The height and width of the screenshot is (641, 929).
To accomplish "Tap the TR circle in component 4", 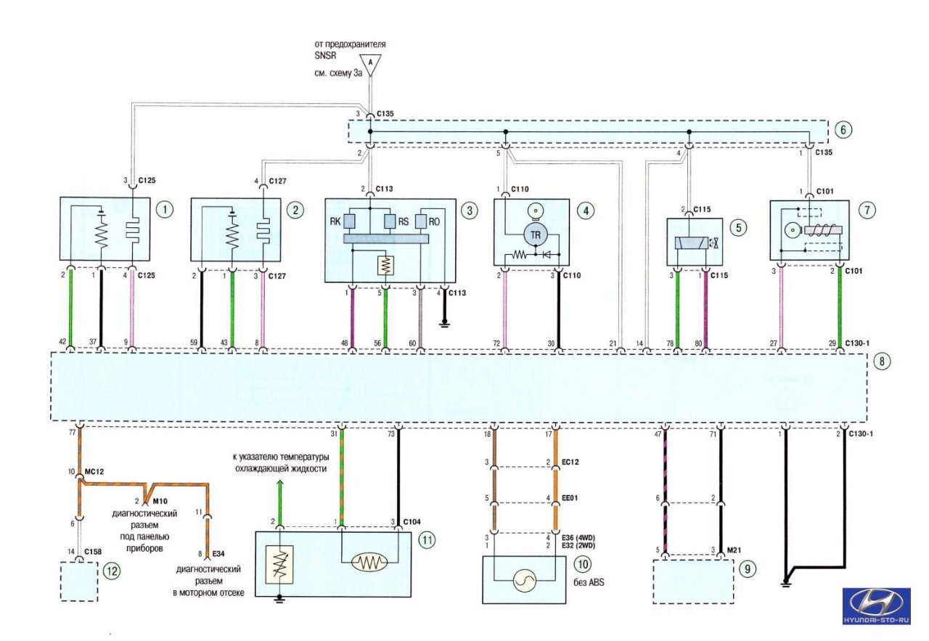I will (534, 236).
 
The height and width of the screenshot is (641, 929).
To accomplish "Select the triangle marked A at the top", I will (370, 65).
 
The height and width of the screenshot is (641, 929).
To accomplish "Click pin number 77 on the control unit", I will (71, 432).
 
